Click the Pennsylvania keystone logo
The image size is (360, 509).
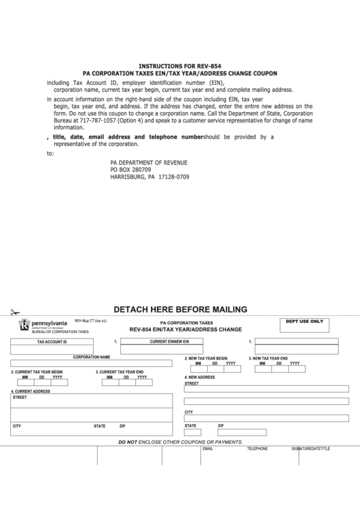(25, 326)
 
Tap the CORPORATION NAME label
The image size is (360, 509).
(92, 357)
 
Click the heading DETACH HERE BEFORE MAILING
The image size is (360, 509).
(180, 309)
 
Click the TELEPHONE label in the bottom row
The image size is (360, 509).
(257, 449)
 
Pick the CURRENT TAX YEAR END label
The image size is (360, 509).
(120, 372)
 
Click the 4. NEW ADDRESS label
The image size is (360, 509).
(200, 377)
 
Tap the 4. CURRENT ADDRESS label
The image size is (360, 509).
(31, 392)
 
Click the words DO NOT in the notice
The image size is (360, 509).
(128, 442)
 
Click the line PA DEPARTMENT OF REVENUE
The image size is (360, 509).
(148, 163)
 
